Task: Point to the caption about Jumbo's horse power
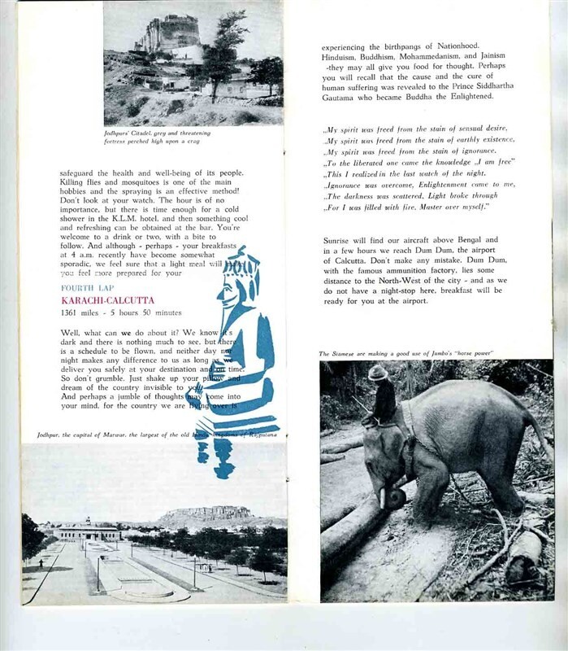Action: click(x=406, y=353)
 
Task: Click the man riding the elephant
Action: click(x=382, y=403)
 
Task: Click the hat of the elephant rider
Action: click(x=378, y=372)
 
